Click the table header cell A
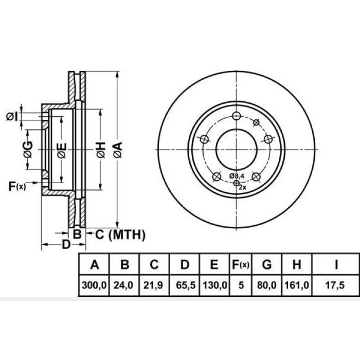95,265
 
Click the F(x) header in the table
240,265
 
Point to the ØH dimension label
100,150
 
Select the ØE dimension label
61,150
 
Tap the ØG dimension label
28,150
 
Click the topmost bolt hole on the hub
236,116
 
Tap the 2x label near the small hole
243,188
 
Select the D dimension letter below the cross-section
66,244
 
